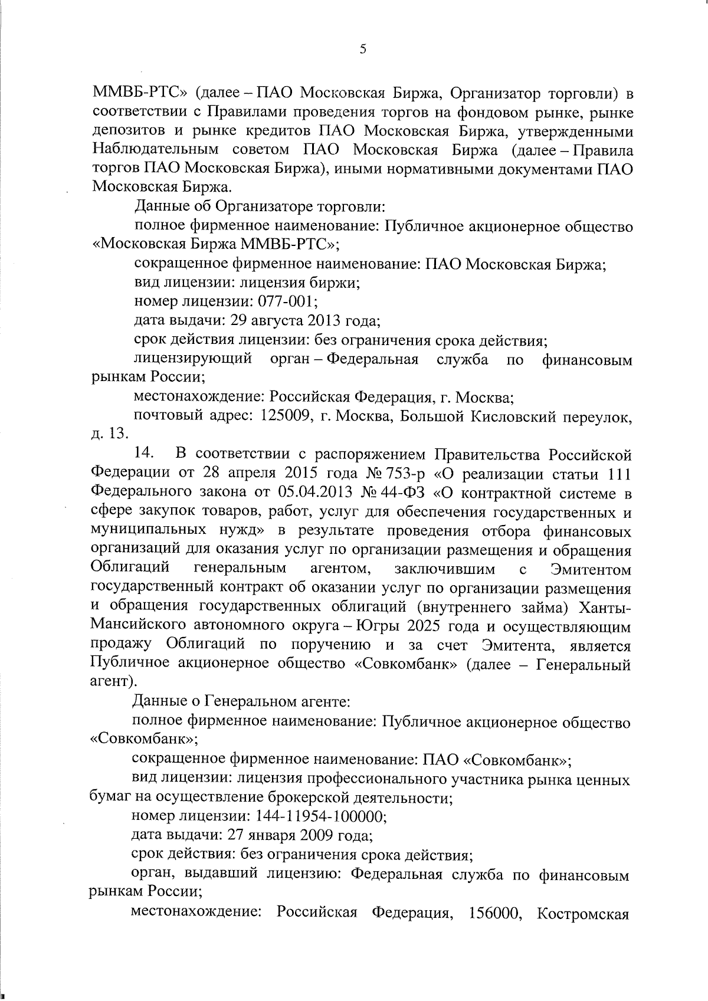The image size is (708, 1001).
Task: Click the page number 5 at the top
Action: [363, 50]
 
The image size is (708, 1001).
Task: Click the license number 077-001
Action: [287, 302]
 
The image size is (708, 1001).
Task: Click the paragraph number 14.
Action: [144, 454]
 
